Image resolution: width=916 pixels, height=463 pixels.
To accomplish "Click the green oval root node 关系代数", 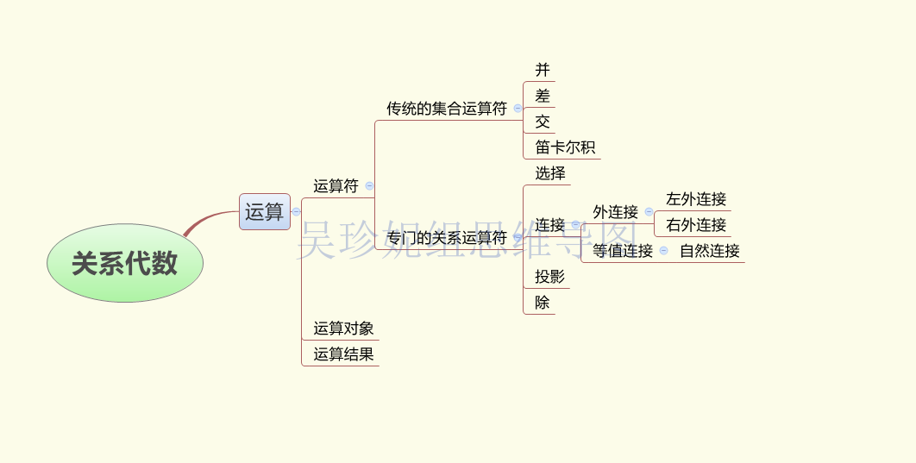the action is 125,263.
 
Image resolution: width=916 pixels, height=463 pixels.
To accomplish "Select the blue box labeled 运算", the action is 264,211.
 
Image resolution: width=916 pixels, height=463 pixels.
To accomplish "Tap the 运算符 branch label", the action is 336,185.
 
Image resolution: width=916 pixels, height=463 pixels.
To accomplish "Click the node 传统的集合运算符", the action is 446,109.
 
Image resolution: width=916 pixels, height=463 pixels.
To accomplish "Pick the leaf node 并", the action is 542,70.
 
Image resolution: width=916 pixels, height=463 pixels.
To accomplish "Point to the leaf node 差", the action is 542,96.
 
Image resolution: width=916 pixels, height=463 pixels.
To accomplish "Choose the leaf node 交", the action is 542,122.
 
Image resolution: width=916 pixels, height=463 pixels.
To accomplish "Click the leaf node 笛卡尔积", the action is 564,147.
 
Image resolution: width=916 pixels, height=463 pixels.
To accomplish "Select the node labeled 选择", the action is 549,173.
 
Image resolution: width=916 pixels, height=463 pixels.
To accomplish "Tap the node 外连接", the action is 615,212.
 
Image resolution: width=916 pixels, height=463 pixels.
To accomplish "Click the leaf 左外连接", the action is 695,199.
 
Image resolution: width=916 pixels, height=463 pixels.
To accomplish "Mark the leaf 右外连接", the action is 695,225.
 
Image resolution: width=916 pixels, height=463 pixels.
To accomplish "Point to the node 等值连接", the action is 622,251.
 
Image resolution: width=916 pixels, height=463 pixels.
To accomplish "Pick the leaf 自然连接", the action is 709,251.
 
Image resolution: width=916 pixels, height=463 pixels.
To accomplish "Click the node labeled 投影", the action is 549,277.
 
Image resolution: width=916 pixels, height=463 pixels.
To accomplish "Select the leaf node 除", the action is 542,303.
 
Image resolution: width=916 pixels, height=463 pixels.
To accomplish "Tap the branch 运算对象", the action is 343,328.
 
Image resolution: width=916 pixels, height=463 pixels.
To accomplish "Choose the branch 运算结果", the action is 343,354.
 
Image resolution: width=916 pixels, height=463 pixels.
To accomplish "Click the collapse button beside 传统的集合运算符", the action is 518,109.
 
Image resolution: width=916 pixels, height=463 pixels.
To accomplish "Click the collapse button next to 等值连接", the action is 663,251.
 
